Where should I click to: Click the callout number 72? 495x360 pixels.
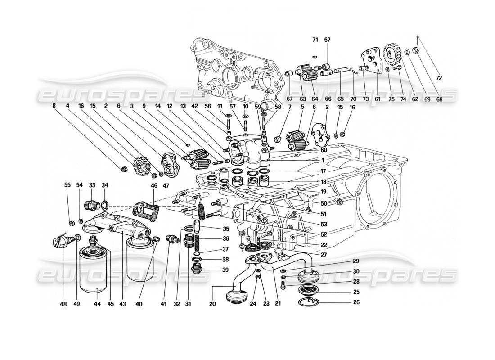coord(439,78)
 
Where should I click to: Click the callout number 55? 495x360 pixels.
coord(67,185)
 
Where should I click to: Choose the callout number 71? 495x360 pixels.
coord(315,40)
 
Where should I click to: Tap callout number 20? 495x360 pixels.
coord(212,304)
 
